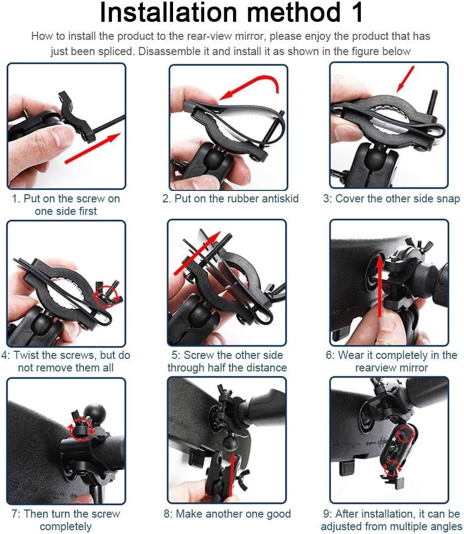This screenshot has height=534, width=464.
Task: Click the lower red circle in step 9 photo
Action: (x=391, y=469)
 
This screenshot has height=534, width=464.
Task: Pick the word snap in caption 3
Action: (x=447, y=199)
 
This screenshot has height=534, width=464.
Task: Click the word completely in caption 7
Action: (x=66, y=526)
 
